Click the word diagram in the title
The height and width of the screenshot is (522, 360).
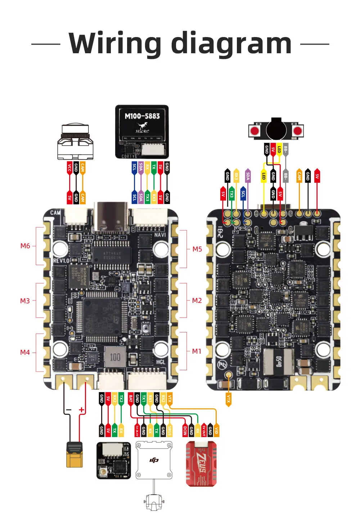tap(231, 44)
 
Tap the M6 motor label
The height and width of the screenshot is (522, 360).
tap(25, 246)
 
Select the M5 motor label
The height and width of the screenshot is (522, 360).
tap(197, 249)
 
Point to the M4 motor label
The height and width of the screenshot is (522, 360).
tap(25, 353)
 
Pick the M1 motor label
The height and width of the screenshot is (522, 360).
tap(197, 351)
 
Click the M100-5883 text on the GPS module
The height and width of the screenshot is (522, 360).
tap(142, 116)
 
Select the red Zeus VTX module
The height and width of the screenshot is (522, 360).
tap(201, 464)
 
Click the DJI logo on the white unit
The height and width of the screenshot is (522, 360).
tap(154, 460)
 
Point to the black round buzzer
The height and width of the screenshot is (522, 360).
tap(276, 130)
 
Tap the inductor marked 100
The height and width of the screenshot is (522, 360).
tap(115, 357)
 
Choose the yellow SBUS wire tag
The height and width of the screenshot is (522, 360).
tap(170, 431)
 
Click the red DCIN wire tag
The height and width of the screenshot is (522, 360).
tap(185, 431)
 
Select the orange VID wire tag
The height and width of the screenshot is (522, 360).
tap(216, 431)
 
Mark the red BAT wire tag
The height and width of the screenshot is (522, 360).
tap(131, 399)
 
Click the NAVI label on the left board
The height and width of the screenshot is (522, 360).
tap(160, 235)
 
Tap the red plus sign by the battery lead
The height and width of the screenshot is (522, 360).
tap(82, 410)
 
